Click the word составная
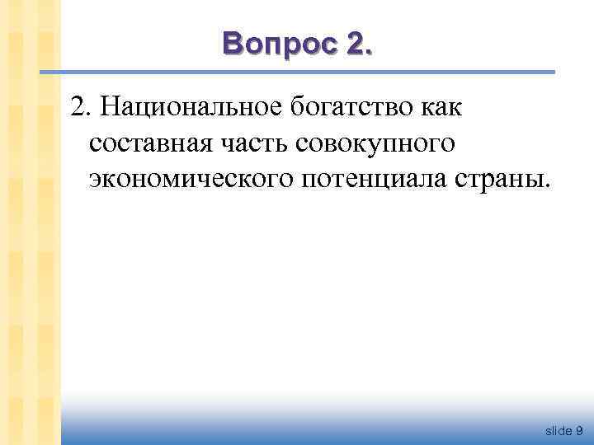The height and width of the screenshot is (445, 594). pyautogui.click(x=147, y=143)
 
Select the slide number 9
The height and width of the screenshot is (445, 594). pyautogui.click(x=580, y=430)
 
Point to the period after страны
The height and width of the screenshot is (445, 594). pyautogui.click(x=544, y=186)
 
